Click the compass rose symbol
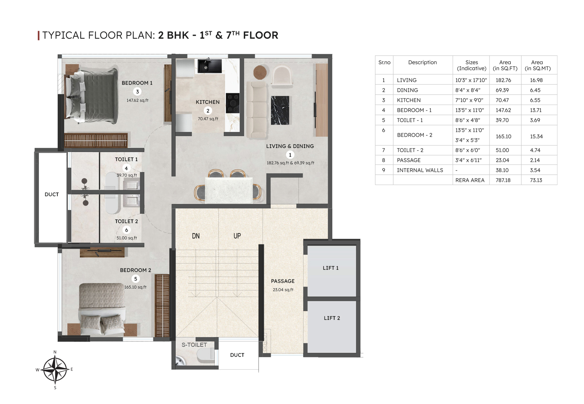[x=55, y=369]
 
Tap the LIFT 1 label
[x=331, y=268]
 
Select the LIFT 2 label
[x=332, y=318]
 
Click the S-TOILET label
[x=194, y=345]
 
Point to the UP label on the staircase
[x=237, y=236]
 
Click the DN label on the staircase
[x=196, y=236]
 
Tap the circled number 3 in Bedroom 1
[x=137, y=91]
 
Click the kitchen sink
[x=210, y=66]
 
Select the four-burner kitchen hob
[x=233, y=103]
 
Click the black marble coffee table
[x=280, y=111]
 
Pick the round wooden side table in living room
[x=260, y=72]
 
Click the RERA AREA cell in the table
[x=470, y=180]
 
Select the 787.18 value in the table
[x=503, y=180]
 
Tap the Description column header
[x=422, y=62]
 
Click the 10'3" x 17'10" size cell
[x=471, y=80]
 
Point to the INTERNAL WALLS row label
[x=420, y=170]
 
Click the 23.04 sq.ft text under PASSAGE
[x=283, y=290]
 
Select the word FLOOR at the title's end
[x=261, y=35]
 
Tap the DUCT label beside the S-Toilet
[x=237, y=355]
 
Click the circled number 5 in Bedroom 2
[x=136, y=279]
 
